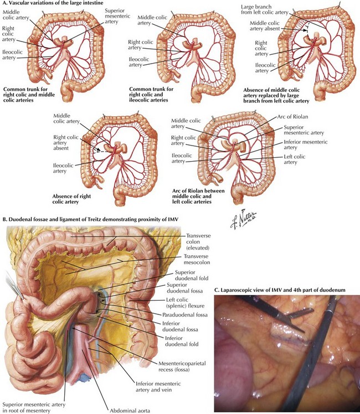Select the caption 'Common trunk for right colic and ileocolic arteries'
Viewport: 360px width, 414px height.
tap(153, 92)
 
